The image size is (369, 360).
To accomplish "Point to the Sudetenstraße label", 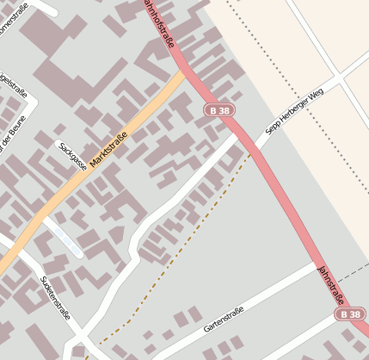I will click(x=56, y=297).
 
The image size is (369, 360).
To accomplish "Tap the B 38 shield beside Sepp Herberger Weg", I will click(x=218, y=110).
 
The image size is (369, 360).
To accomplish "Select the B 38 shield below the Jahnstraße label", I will click(x=350, y=316).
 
